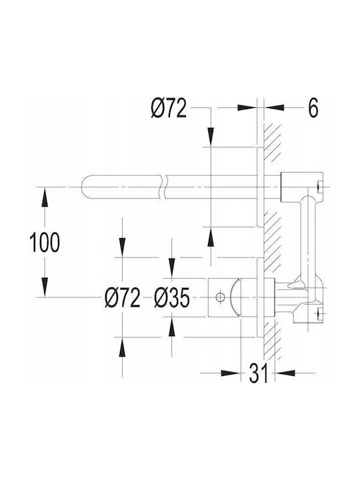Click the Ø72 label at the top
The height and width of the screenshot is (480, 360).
169,108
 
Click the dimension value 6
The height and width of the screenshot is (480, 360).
313,108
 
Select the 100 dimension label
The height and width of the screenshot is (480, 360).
45,242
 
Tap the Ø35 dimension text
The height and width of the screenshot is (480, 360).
172,297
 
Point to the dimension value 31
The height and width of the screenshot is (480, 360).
259,373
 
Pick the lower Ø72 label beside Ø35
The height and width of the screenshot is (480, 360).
123,297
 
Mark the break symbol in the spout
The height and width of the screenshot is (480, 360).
163,187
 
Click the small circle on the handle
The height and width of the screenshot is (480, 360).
220,297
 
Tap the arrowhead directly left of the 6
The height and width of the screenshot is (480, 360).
247,107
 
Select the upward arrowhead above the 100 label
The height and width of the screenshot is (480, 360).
45,198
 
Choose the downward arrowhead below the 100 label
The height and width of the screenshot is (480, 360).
45,287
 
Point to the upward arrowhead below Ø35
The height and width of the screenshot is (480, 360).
172,327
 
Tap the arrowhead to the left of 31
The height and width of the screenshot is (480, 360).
231,373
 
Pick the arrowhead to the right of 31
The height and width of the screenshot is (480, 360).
285,373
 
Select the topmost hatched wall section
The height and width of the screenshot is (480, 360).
272,143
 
